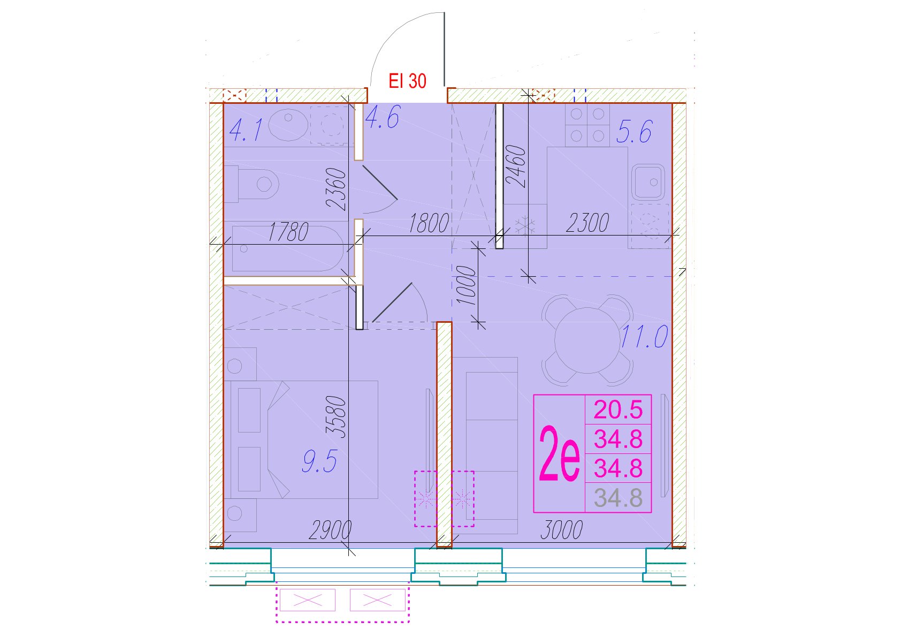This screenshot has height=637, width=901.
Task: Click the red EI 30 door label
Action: click(407, 81)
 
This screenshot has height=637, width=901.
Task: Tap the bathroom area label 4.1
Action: click(246, 130)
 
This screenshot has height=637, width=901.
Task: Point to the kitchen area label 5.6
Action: click(634, 132)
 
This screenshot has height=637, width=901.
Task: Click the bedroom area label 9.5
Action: click(320, 461)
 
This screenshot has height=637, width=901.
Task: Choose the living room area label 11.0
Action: click(644, 336)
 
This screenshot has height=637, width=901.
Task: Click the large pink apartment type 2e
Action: click(559, 454)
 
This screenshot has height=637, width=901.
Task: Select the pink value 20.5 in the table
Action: click(618, 409)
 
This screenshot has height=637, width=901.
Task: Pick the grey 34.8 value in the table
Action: click(618, 498)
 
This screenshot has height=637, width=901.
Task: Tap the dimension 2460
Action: click(516, 166)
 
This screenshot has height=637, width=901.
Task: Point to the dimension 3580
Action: click(336, 417)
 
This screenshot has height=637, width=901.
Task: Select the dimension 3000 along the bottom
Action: click(562, 530)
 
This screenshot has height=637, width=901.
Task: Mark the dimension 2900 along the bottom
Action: click(330, 530)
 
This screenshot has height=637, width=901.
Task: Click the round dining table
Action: click(587, 340)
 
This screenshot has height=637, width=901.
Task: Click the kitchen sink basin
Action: click(648, 183)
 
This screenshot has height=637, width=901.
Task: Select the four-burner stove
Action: click(587, 125)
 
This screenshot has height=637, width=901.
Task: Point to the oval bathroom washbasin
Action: click(288, 125)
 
